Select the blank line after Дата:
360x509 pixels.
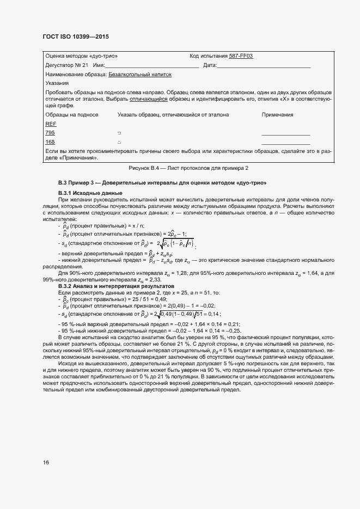(264, 65)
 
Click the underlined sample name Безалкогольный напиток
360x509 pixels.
(140, 74)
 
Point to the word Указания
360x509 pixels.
(57, 83)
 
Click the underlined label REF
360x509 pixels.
(51, 124)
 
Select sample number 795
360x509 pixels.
(50, 133)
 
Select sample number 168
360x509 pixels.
(50, 142)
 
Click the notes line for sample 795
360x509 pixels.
(285, 134)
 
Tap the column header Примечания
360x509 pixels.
(277, 115)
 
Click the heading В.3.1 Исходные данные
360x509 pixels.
(90, 193)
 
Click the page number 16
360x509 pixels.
(46, 463)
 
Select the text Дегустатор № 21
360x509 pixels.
(66, 65)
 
